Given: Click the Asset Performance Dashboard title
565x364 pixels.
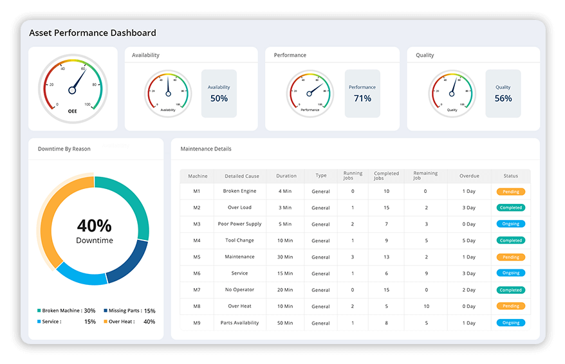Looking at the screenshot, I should pos(93,33).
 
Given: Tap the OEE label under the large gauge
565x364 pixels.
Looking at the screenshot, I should pos(73,111).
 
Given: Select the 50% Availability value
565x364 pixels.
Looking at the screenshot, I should pos(219,98).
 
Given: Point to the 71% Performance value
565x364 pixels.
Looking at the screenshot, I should pos(362,98).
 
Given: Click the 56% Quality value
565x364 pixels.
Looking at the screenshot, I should pos(503,98).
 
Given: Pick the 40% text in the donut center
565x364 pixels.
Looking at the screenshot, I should pos(95,226).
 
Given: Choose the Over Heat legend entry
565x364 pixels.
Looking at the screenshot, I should pos(129,322).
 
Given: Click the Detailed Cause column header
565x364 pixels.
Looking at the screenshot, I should pos(242,176).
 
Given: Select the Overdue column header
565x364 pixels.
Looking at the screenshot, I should pos(469,176).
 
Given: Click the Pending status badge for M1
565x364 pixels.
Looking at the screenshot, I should pos(510,192).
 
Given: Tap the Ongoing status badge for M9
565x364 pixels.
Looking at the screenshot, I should pos(510,323).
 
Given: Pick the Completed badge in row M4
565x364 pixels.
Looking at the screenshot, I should pos(510,241).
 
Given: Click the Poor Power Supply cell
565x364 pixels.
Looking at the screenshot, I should pos(240,224).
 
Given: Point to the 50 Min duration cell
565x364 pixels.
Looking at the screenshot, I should pos(285,323).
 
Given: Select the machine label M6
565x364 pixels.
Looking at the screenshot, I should pos(197,273).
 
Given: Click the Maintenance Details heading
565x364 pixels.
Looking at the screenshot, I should pos(206,149).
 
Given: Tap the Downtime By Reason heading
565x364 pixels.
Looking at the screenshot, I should pos(64,149).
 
